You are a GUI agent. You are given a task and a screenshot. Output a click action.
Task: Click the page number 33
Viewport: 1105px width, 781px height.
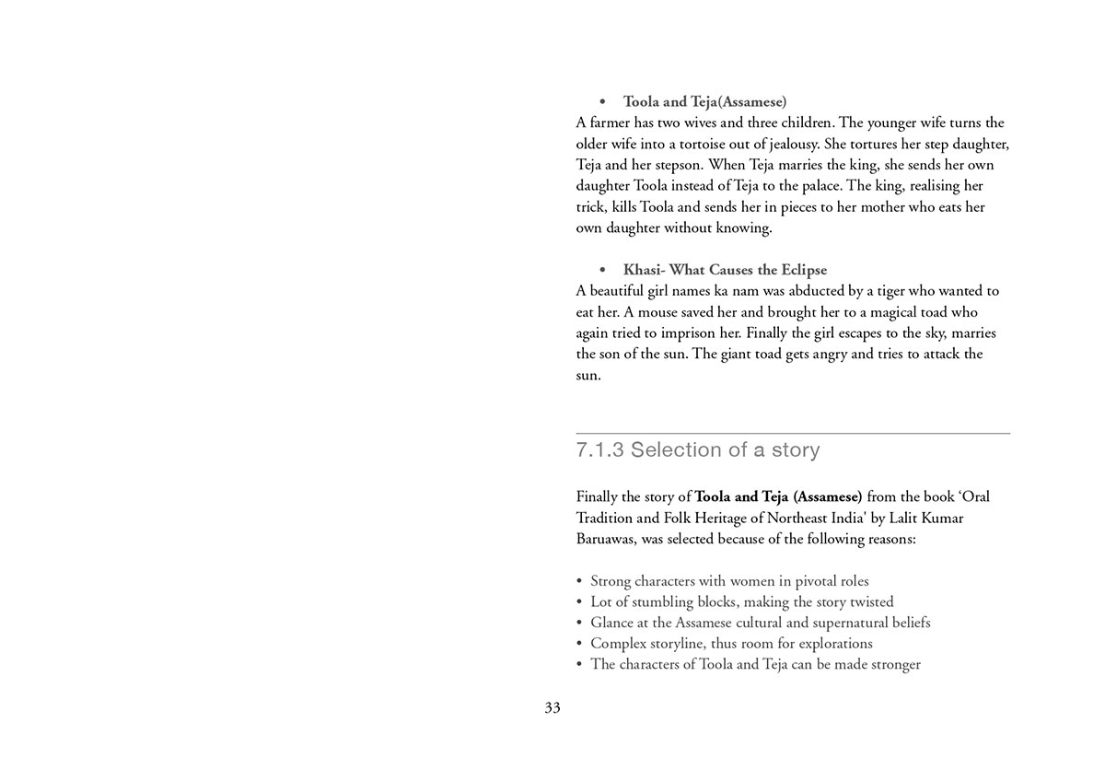pyautogui.click(x=552, y=707)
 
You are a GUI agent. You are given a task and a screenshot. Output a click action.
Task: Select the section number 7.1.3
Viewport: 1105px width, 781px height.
pyautogui.click(x=599, y=450)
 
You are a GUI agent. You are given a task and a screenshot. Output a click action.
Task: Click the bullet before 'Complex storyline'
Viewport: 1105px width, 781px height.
pyautogui.click(x=579, y=644)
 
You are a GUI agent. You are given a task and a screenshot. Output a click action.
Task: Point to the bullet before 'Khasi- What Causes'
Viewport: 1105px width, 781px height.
pyautogui.click(x=602, y=270)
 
